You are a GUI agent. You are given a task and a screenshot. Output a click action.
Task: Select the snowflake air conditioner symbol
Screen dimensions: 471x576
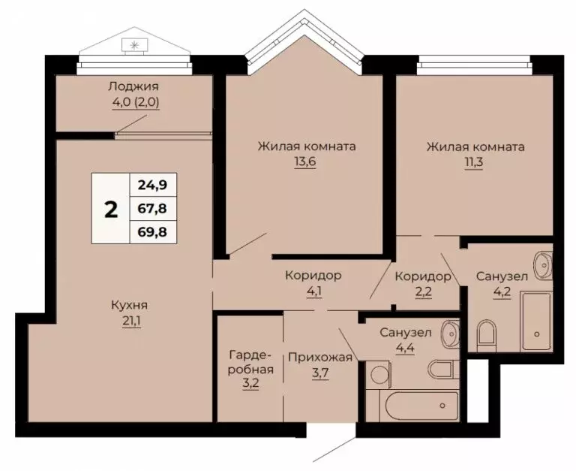(x=135, y=45)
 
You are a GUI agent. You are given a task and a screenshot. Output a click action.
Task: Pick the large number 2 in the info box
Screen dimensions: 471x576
(x=111, y=209)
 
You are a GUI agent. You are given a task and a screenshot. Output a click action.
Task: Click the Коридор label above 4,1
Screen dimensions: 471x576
(x=313, y=276)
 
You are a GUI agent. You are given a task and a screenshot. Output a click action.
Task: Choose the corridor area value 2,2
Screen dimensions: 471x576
(x=423, y=293)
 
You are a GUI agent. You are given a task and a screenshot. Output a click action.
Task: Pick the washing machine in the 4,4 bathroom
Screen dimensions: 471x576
(x=379, y=373)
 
